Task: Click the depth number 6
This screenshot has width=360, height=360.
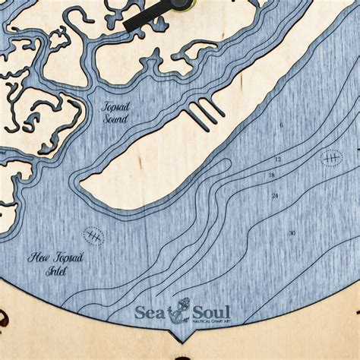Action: click(x=281, y=125)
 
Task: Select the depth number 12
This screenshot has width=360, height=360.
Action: click(x=278, y=159)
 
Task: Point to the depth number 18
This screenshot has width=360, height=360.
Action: click(x=271, y=175)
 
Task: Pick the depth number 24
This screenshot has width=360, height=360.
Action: click(x=274, y=196)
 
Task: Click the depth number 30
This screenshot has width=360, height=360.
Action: click(x=292, y=232)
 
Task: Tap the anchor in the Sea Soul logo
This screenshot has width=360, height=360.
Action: click(x=182, y=312)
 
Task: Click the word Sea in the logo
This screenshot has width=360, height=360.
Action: click(x=153, y=312)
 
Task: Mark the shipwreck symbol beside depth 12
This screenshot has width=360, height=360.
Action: click(x=332, y=159)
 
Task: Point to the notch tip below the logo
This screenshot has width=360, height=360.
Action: click(x=182, y=339)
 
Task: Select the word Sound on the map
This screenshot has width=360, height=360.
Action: click(x=116, y=120)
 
